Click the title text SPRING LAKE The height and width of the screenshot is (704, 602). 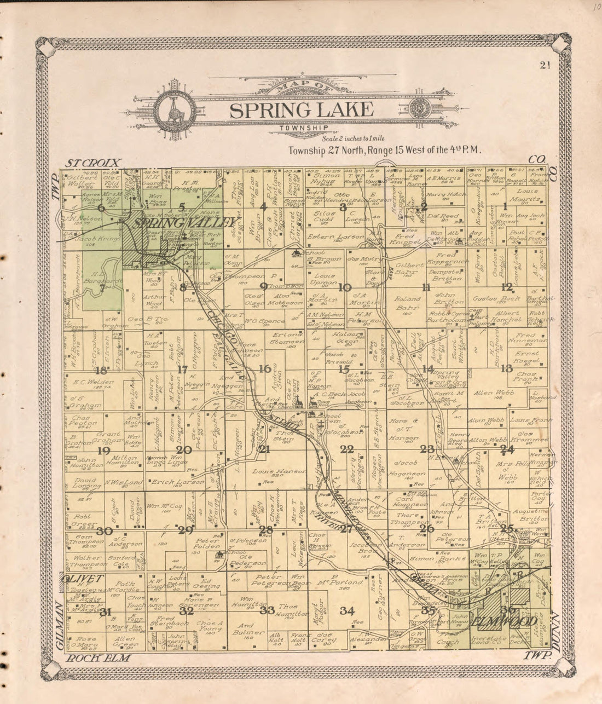[302, 110]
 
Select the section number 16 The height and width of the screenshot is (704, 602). [265, 369]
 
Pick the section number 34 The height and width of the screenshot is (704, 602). [346, 611]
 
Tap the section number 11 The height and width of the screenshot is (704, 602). [426, 288]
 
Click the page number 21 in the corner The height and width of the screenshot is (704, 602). [544, 66]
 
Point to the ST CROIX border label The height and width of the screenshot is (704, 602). [93, 163]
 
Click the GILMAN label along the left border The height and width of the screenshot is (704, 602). [59, 625]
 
